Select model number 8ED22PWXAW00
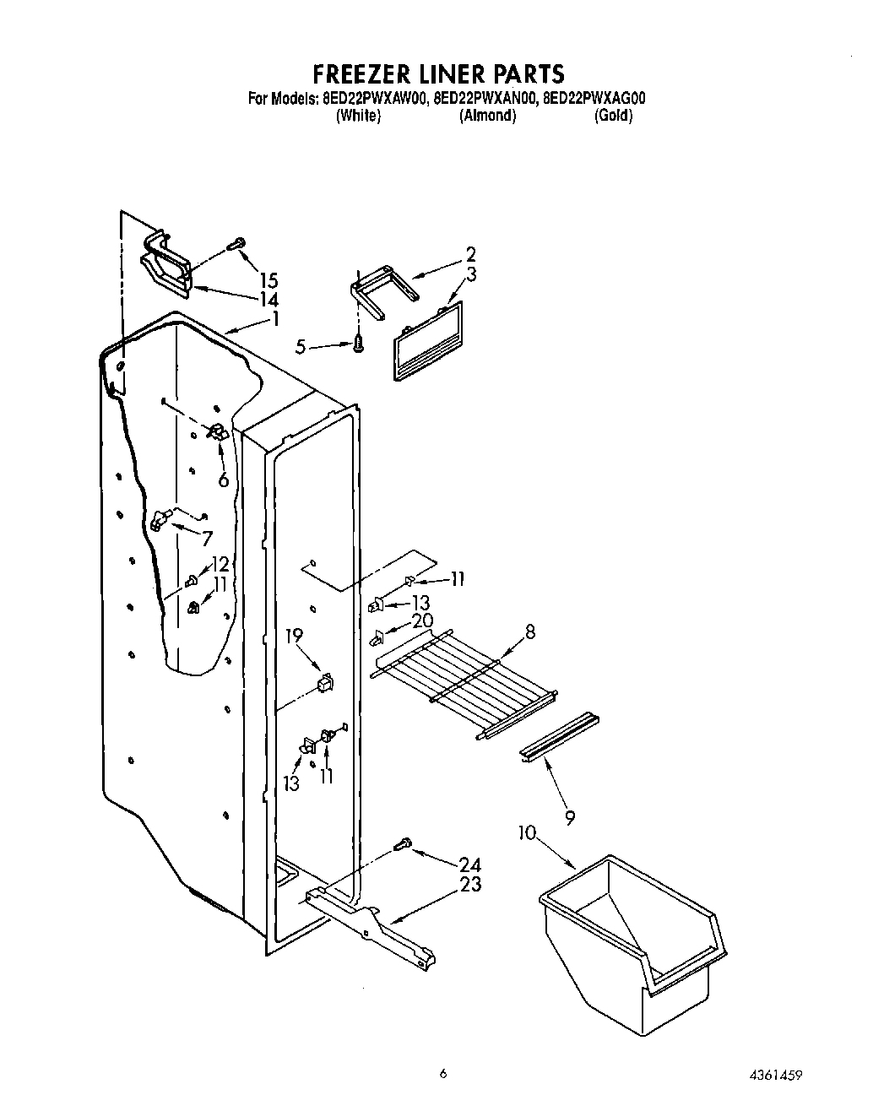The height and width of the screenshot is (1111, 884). point(374,99)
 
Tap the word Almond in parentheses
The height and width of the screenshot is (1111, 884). point(487,116)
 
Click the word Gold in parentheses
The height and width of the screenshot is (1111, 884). point(613,116)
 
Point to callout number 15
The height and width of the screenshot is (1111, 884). point(268,280)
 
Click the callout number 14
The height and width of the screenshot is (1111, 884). point(268,300)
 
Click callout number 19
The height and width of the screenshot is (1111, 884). point(294,636)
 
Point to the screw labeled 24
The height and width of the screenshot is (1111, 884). point(404,842)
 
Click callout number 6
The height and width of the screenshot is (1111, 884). point(224,480)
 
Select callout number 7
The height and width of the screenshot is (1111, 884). point(207,538)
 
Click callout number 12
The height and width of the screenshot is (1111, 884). point(220,563)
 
